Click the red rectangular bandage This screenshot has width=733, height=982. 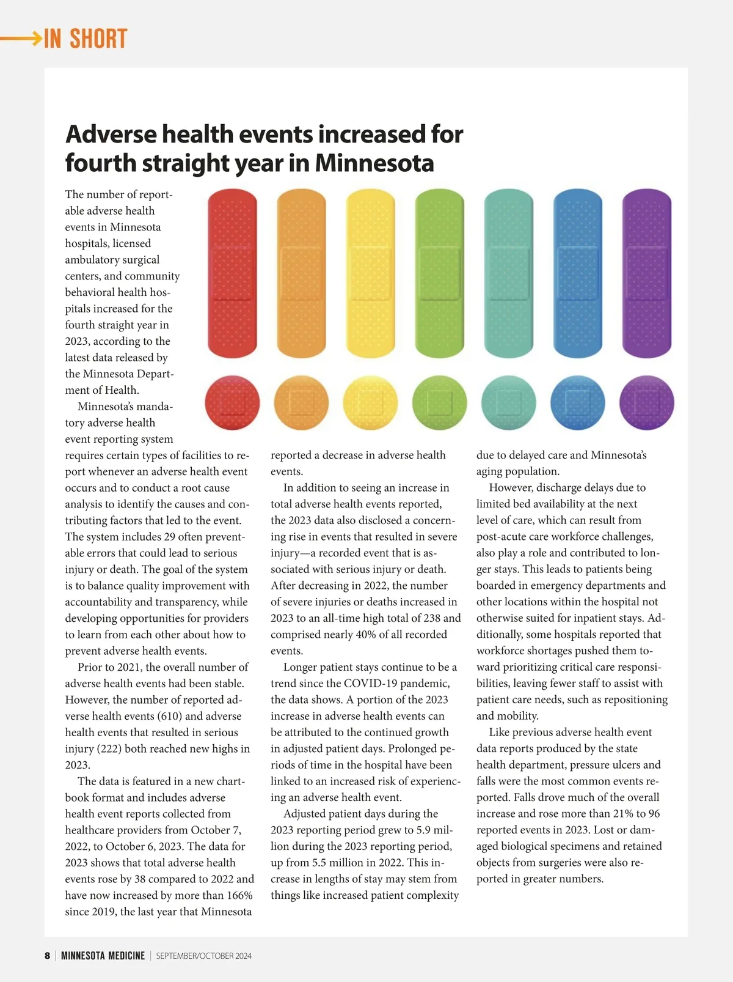[232, 273]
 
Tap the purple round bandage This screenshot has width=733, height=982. [646, 403]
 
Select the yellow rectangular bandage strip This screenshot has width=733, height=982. [370, 273]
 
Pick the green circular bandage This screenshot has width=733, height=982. [440, 403]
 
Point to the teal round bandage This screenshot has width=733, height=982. [509, 403]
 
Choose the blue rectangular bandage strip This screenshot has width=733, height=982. [577, 273]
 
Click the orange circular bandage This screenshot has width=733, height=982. [302, 403]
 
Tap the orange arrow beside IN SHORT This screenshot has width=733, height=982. [21, 39]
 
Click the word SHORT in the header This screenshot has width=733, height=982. [98, 39]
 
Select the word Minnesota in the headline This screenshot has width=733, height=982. [374, 163]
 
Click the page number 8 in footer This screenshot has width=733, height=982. [47, 956]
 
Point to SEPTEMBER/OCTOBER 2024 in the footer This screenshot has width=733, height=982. [203, 956]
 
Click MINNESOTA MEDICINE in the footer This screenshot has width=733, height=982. [103, 956]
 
